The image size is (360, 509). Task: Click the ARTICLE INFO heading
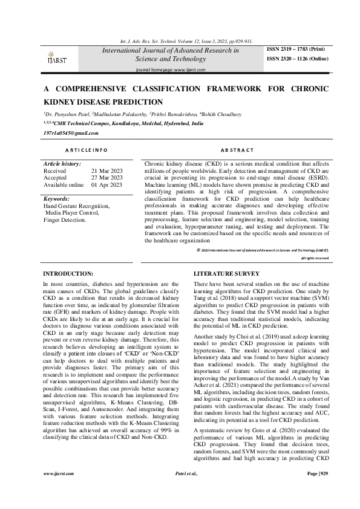pos(87,149)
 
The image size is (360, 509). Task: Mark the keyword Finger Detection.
pos(65,220)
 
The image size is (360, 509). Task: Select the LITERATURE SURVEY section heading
pos(222,273)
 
